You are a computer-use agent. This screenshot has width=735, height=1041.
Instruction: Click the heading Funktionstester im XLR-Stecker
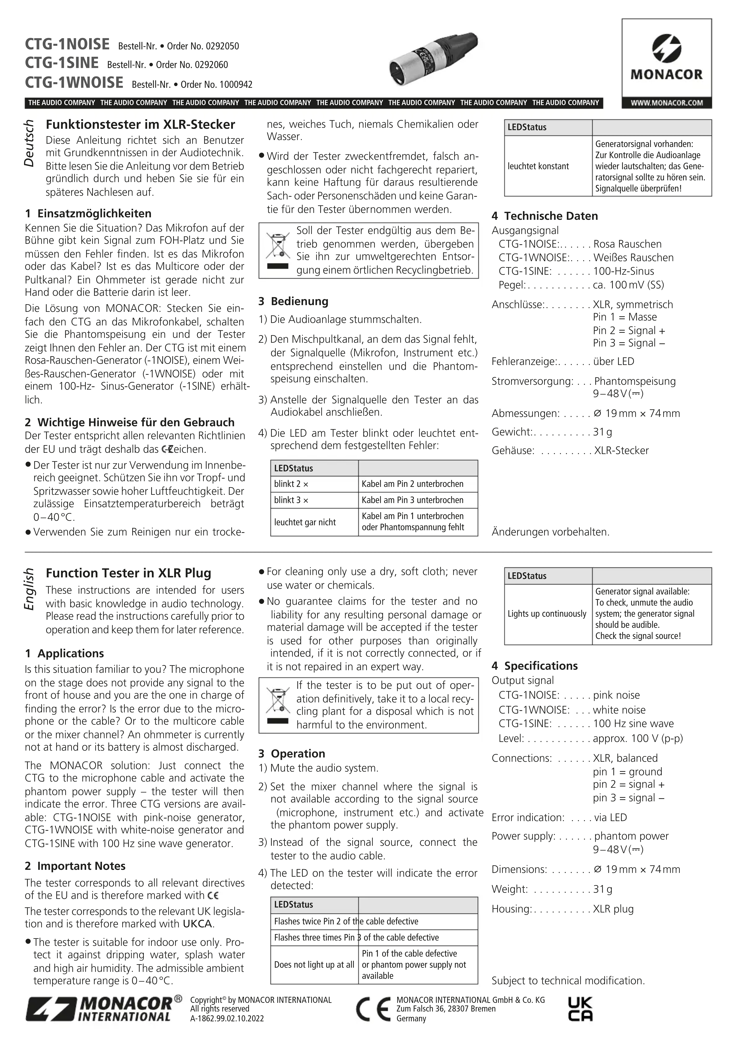click(x=140, y=125)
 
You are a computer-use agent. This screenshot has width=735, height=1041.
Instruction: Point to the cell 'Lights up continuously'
click(x=547, y=614)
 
